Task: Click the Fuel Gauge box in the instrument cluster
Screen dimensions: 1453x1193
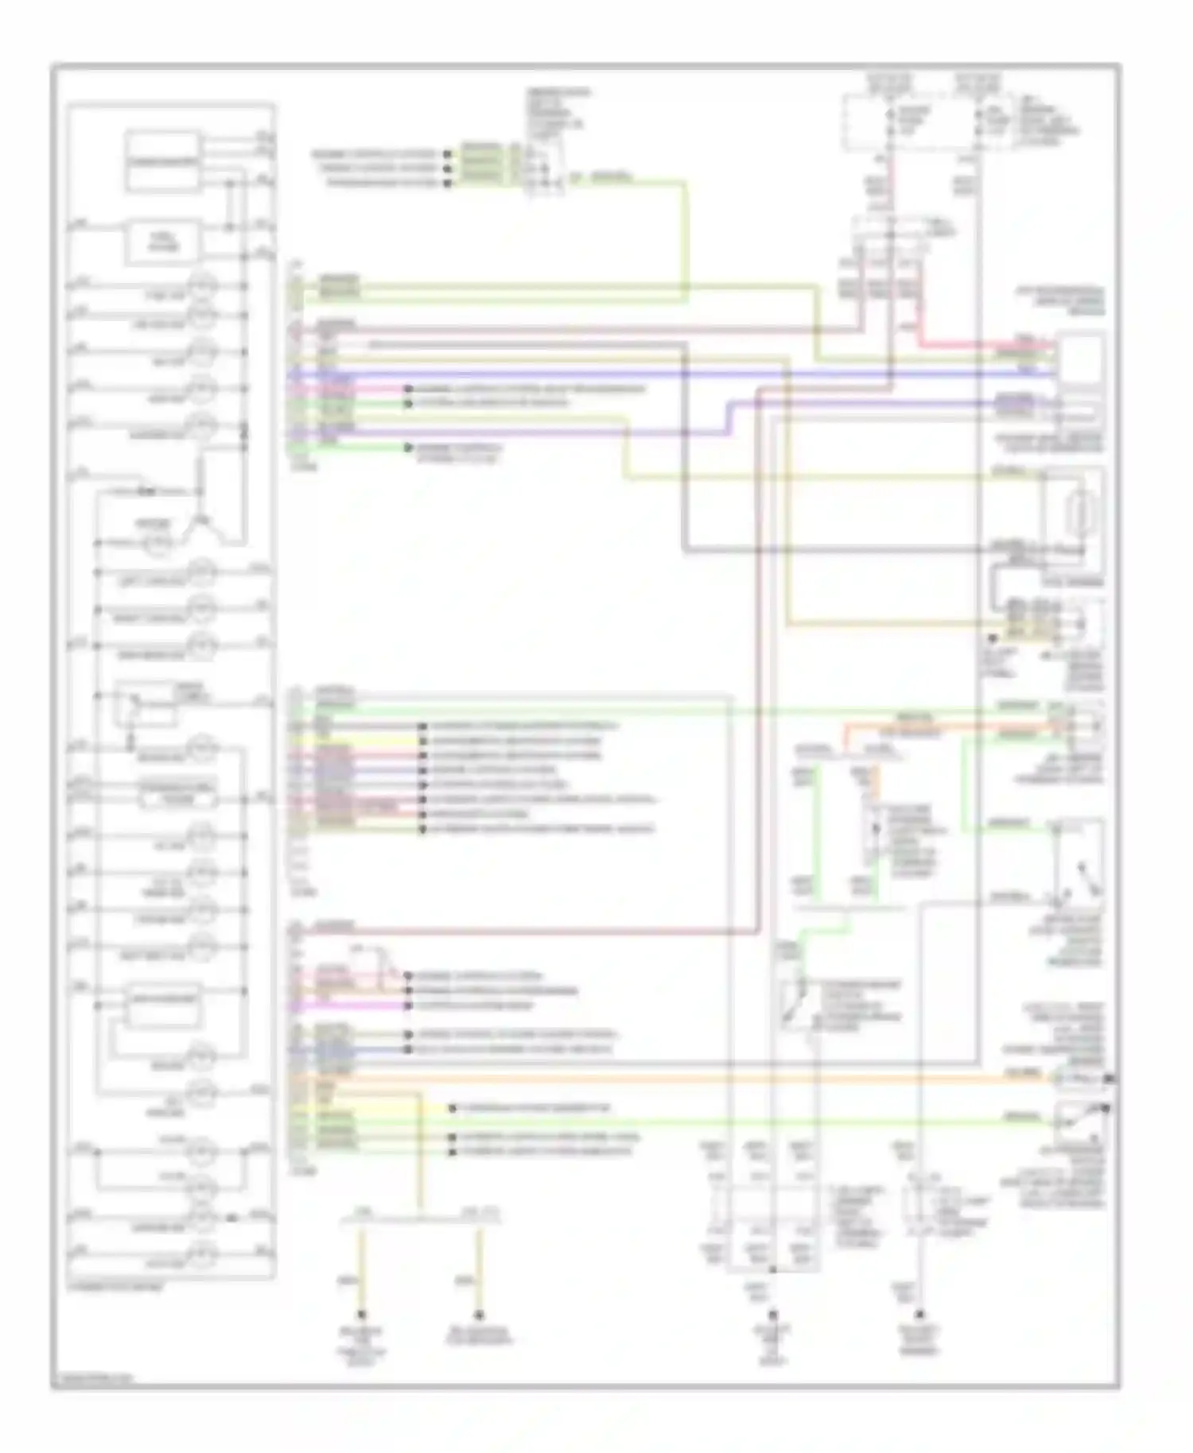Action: [x=162, y=242]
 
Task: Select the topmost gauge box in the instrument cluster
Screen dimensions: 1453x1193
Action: [x=162, y=161]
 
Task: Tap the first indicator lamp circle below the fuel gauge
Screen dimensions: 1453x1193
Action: [x=202, y=285]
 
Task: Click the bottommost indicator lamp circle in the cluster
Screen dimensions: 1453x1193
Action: [x=202, y=1252]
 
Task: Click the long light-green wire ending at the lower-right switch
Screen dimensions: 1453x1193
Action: [x=716, y=1122]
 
